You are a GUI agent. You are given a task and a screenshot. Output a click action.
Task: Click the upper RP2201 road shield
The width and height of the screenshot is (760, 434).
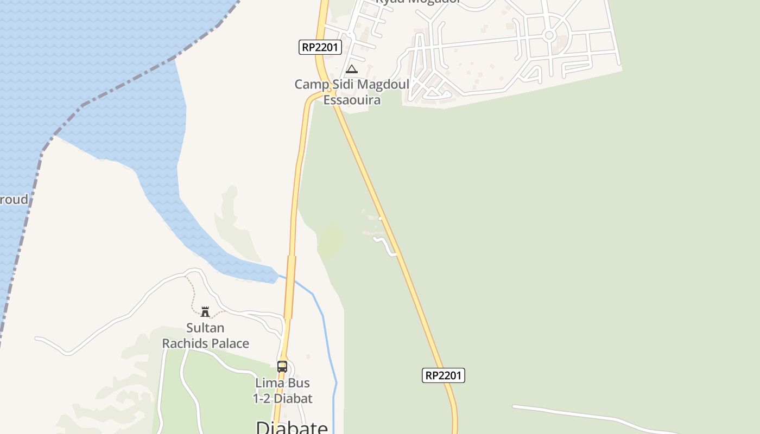tap(320, 47)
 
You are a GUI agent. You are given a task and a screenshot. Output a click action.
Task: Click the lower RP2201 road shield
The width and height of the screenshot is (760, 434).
tap(443, 375)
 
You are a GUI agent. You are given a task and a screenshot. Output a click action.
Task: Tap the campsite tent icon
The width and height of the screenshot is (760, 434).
tap(352, 69)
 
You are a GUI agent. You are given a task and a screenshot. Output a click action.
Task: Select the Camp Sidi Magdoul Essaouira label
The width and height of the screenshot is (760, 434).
tap(352, 92)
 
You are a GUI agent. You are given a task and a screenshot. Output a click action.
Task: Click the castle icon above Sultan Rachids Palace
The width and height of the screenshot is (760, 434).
tap(205, 311)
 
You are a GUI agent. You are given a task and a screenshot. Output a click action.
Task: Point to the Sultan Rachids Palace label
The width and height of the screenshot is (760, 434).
tap(206, 335)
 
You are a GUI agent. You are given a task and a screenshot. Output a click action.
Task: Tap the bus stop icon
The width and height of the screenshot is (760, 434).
tap(282, 366)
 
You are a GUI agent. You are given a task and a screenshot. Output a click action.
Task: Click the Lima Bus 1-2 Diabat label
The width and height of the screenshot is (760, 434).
tap(283, 391)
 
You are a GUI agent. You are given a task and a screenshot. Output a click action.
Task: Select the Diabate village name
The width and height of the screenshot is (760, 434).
tap(292, 427)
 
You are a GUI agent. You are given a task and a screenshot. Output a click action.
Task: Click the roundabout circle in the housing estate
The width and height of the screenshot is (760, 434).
tap(549, 36)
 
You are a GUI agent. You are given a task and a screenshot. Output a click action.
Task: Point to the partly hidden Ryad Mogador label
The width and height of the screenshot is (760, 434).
tap(418, 2)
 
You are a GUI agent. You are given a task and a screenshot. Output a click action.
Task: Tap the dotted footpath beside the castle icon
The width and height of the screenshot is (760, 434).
tap(193, 296)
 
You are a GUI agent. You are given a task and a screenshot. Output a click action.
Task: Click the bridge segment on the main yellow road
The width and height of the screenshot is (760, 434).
tap(291, 286)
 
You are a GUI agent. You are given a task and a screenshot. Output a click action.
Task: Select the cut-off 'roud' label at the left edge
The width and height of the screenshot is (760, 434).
tap(13, 200)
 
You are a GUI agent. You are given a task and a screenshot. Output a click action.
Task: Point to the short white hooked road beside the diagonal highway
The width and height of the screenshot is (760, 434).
tap(387, 245)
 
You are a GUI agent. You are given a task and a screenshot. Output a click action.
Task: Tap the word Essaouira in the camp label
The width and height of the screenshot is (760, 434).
tap(352, 100)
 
